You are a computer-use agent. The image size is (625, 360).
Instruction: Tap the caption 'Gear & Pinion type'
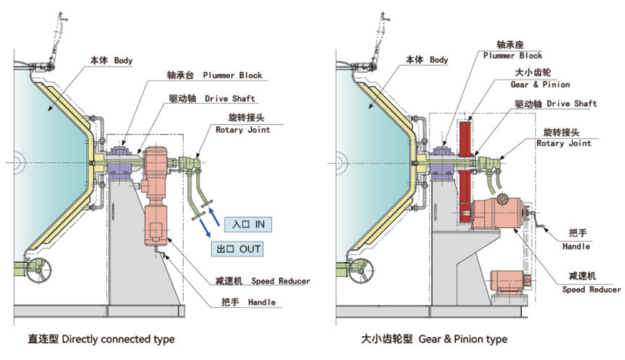coord(434,339)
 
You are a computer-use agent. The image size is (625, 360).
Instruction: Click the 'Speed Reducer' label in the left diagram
coord(266,281)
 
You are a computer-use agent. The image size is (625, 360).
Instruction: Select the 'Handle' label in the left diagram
coord(248,302)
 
